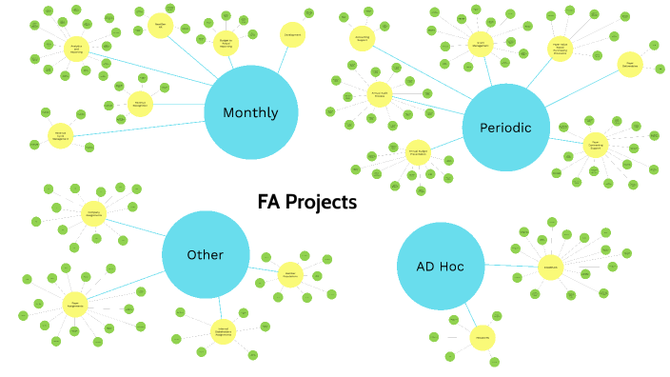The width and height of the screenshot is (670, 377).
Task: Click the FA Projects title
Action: pyautogui.click(x=306, y=202)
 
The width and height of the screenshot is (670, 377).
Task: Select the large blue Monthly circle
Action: pyautogui.click(x=250, y=112)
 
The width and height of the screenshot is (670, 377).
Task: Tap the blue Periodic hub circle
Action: pyautogui.click(x=506, y=127)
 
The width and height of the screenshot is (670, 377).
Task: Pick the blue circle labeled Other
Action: pyautogui.click(x=206, y=254)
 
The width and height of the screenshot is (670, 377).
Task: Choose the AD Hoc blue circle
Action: pyautogui.click(x=440, y=266)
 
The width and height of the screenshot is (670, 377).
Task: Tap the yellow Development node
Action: pyautogui.click(x=292, y=35)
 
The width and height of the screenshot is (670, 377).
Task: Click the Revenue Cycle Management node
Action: pyautogui.click(x=61, y=135)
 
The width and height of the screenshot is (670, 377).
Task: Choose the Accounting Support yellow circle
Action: pyautogui.click(x=362, y=39)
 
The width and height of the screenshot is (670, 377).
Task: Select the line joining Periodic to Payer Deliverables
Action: pyautogui.click(x=577, y=90)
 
